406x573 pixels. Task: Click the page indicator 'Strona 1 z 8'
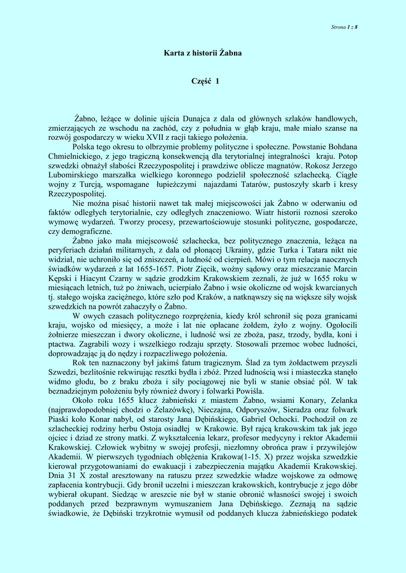344,27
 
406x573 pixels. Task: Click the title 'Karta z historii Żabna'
203,53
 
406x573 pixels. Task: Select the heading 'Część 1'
206,82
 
